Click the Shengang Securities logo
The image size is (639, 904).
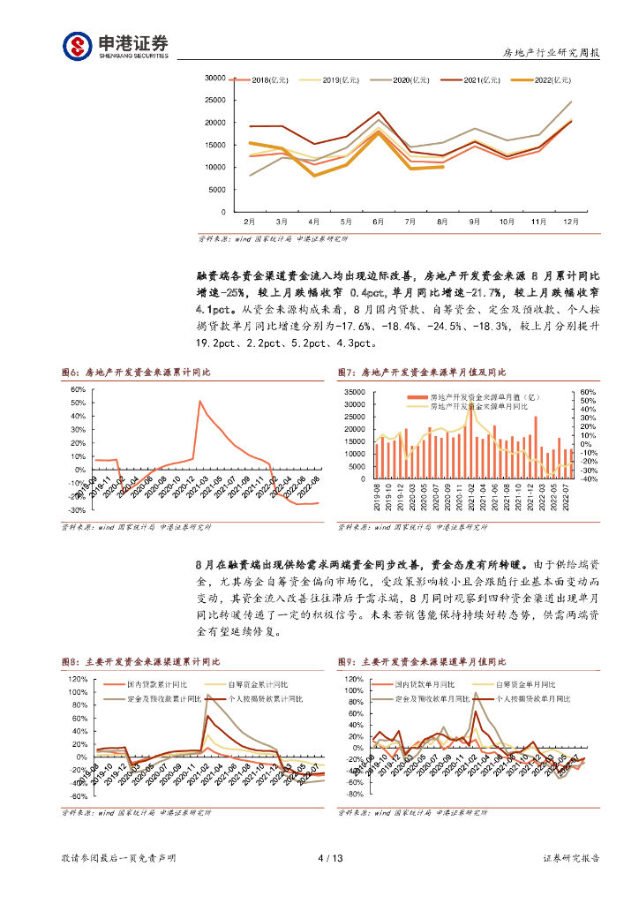point(115,45)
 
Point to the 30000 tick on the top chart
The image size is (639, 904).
point(214,78)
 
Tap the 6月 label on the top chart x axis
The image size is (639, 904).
point(378,222)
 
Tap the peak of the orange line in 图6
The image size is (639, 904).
point(199,402)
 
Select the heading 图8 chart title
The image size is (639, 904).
point(140,661)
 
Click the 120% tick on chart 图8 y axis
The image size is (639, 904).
point(76,679)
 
